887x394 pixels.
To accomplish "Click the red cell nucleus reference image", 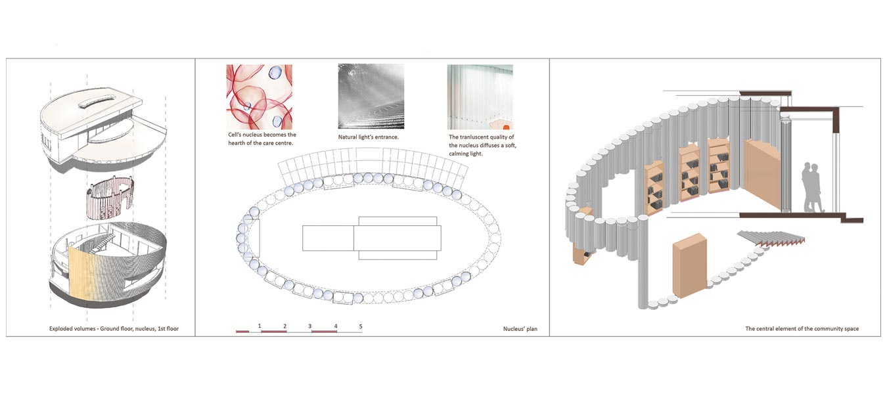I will coord(260,97).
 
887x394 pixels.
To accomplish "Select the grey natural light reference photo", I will coord(371,97).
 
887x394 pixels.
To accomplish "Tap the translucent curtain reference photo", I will coord(480,97).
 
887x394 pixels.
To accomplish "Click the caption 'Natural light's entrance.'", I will coord(369,137).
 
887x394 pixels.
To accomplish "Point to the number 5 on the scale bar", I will coord(361,326).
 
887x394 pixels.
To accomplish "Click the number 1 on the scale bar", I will coord(260,326).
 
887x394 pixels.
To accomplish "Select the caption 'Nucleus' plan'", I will coord(516,328).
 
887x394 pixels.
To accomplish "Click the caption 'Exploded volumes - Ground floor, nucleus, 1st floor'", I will coord(113,328).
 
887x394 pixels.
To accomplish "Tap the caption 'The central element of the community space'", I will coord(802,328).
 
